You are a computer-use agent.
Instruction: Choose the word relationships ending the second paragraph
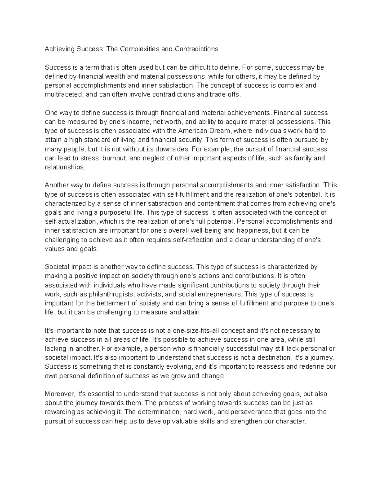[65, 167]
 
